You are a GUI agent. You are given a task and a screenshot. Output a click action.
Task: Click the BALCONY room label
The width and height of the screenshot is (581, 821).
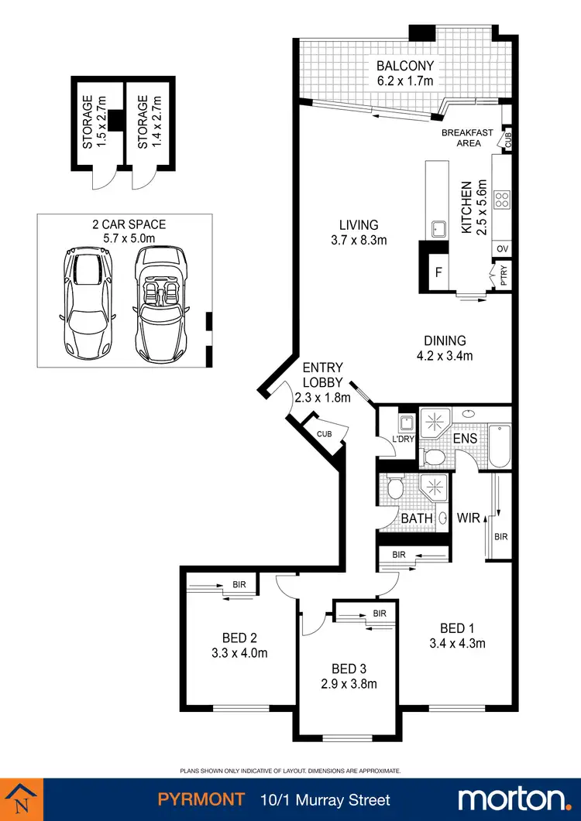tap(405, 66)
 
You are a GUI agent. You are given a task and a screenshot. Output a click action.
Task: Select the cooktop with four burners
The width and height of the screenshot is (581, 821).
tap(501, 200)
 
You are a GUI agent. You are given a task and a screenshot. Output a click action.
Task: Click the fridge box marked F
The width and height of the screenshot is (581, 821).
tap(438, 273)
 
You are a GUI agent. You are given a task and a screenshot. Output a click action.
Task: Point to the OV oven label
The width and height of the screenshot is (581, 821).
tap(502, 249)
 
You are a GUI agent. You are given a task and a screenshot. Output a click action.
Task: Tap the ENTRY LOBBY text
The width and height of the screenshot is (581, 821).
tap(323, 375)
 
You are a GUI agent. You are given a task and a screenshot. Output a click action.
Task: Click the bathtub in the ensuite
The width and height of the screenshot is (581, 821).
tap(500, 446)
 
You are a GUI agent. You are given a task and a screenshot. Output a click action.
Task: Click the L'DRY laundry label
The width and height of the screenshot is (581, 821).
tap(404, 438)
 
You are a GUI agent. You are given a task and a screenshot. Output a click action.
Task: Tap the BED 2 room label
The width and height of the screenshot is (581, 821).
tap(239, 638)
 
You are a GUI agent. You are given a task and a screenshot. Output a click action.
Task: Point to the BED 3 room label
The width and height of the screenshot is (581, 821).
tap(348, 669)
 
